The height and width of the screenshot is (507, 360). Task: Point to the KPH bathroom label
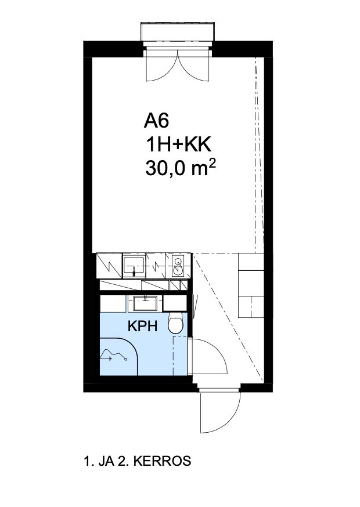tap(142, 327)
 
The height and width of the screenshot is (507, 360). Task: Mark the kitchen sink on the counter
tap(136, 265)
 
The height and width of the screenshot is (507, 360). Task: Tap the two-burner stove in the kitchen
tap(178, 265)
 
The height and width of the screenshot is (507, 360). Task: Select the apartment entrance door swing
tap(219, 406)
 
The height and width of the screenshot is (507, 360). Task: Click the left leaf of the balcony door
tap(161, 67)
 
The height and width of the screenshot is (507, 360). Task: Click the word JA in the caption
tap(105, 462)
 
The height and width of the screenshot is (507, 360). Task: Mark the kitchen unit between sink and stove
tap(157, 265)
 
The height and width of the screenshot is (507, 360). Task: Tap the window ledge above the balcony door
tap(179, 32)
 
